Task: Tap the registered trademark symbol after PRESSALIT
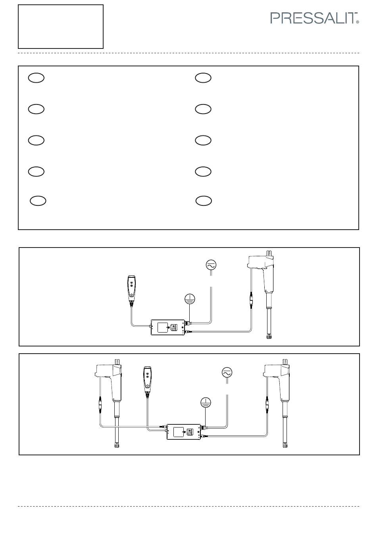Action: click(x=358, y=23)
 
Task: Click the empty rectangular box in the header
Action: click(x=61, y=27)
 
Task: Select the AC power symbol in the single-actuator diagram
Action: click(x=211, y=265)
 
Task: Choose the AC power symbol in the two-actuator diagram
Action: click(x=227, y=373)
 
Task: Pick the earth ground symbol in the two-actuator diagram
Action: click(x=206, y=402)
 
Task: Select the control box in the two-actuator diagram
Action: click(x=183, y=431)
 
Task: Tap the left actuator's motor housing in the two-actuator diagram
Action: click(x=110, y=371)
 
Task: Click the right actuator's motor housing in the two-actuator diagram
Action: click(x=277, y=372)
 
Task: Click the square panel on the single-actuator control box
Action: click(x=163, y=327)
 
